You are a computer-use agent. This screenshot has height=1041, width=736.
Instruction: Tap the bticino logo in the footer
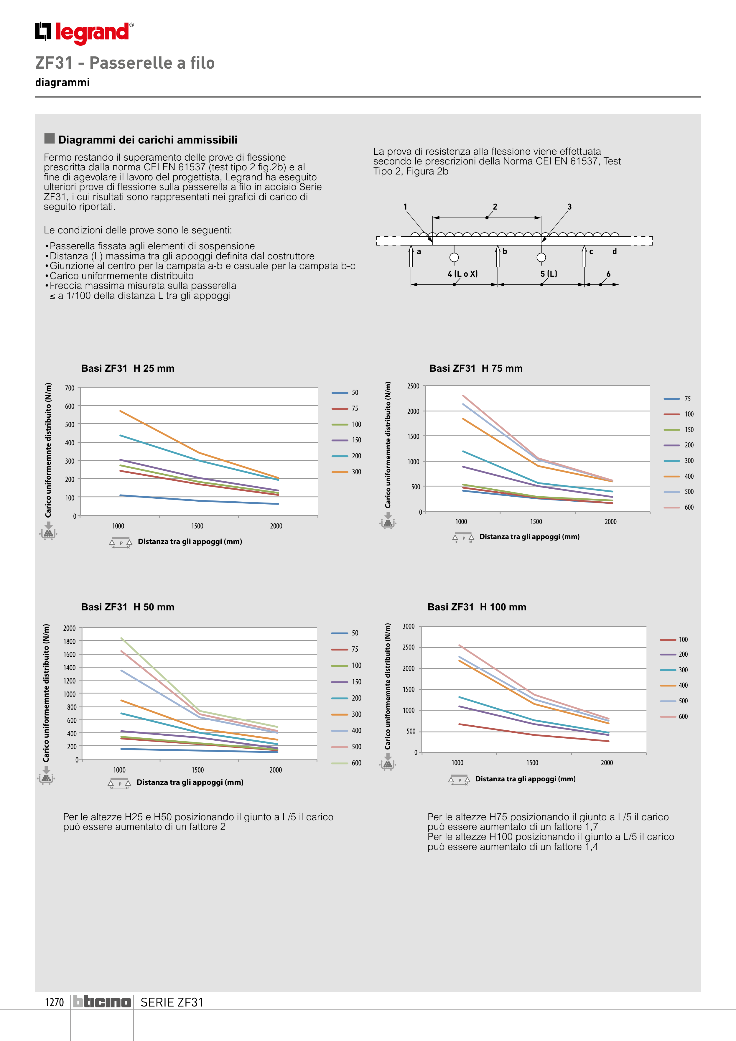pos(102,1002)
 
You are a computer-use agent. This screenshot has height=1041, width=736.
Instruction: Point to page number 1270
pos(55,1002)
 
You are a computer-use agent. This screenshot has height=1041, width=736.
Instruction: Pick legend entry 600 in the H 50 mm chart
pos(356,763)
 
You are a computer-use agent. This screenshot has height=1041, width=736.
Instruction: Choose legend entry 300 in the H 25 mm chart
pos(356,472)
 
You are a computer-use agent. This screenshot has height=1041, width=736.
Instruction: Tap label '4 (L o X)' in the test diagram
pos(462,274)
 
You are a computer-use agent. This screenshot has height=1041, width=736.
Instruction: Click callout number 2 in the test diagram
pos(495,207)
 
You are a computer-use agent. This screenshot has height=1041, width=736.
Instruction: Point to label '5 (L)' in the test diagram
pos(548,274)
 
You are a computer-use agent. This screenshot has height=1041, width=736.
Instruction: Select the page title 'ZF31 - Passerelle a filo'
pos(125,63)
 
